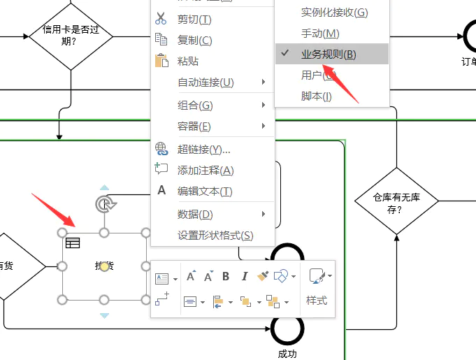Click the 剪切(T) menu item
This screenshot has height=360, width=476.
click(194, 20)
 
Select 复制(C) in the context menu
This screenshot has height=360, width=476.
click(194, 41)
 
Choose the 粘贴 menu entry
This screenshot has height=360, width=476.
click(188, 62)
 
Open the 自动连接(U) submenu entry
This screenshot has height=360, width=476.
click(205, 82)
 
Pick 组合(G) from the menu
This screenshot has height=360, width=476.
click(195, 106)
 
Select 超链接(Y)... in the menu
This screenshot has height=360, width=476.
click(203, 149)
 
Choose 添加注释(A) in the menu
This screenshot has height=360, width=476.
click(205, 170)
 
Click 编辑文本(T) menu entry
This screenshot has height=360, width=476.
click(204, 191)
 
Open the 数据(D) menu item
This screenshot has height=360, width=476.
click(195, 214)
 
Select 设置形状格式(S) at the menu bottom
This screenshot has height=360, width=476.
click(215, 235)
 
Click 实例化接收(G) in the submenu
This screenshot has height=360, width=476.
click(334, 13)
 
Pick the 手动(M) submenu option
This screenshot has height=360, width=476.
click(320, 34)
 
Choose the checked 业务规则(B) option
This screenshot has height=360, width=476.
click(329, 55)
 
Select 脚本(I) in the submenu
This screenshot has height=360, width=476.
click(316, 96)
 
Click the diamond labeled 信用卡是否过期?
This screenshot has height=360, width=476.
click(70, 36)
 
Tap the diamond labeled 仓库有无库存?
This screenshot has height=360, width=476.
click(396, 201)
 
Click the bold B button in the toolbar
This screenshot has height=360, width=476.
click(226, 277)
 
